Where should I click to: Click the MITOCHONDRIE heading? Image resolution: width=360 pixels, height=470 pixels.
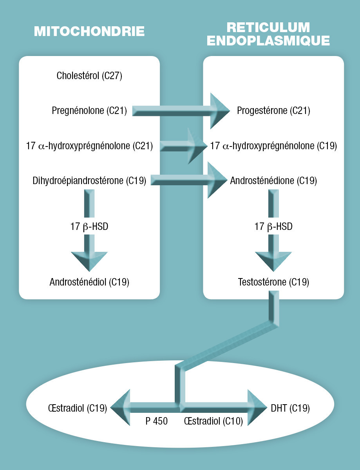pyautogui.click(x=89, y=31)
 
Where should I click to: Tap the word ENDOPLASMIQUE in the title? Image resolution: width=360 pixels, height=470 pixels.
pyautogui.click(x=268, y=41)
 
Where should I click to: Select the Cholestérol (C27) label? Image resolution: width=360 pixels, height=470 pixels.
pyautogui.click(x=89, y=76)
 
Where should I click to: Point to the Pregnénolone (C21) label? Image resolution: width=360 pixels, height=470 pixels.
pyautogui.click(x=89, y=111)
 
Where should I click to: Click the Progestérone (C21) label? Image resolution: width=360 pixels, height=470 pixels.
pyautogui.click(x=273, y=111)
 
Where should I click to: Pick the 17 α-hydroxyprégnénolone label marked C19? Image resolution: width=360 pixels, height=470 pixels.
pyautogui.click(x=273, y=146)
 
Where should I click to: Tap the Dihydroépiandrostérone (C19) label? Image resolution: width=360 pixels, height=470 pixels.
pyautogui.click(x=90, y=181)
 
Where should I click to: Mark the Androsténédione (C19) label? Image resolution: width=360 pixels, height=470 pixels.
pyautogui.click(x=273, y=181)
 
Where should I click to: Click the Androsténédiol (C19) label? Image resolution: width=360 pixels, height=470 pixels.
pyautogui.click(x=90, y=282)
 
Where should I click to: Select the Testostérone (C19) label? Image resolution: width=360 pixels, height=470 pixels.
pyautogui.click(x=273, y=282)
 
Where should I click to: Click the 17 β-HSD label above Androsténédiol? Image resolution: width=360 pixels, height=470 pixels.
pyautogui.click(x=90, y=226)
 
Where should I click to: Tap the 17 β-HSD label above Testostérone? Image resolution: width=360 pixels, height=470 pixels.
pyautogui.click(x=273, y=226)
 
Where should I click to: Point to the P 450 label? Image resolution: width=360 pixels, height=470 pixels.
pyautogui.click(x=156, y=421)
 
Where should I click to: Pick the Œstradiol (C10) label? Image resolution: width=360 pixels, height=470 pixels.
pyautogui.click(x=213, y=421)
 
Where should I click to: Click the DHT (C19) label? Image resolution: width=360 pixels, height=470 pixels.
pyautogui.click(x=290, y=408)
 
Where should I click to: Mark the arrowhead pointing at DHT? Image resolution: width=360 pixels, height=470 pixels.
pyautogui.click(x=257, y=408)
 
